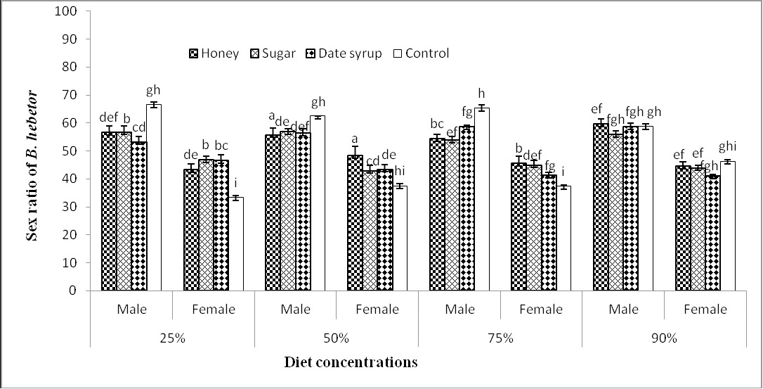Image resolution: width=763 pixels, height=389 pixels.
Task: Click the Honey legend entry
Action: pos(214,53)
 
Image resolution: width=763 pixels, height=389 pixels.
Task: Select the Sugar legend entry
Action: pos(273,53)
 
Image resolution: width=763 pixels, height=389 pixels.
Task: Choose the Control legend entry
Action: pos(421,53)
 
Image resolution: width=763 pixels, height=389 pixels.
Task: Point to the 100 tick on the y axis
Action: pos(67,11)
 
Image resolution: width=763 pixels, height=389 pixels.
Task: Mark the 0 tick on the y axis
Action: pos(74,291)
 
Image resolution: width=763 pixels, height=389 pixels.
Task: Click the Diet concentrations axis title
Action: pos(351,363)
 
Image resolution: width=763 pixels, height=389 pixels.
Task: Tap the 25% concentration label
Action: pos(172,338)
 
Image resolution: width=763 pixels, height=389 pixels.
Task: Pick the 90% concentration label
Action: pos(664,338)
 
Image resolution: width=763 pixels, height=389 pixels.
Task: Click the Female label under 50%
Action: pos(377,310)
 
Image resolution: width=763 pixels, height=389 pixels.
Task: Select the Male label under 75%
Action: pos(459,310)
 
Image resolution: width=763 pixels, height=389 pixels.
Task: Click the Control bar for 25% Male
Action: pos(154,198)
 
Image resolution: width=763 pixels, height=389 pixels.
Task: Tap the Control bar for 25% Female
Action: pos(236,244)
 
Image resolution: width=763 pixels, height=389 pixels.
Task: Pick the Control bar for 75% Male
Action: pos(482,199)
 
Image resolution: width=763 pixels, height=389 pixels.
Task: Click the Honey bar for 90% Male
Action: pos(601,208)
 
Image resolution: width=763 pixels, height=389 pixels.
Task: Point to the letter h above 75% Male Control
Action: pos(482,94)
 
